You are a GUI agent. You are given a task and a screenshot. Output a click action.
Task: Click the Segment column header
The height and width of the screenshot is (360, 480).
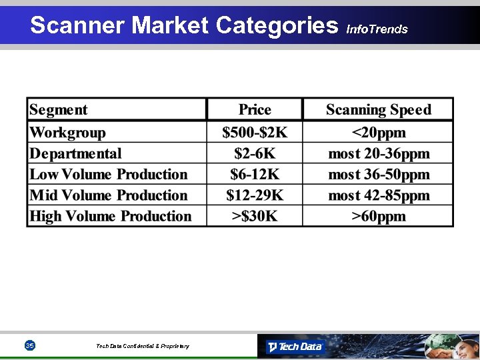(x=59, y=110)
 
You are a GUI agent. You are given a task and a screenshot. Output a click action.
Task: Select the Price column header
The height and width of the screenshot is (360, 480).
(x=255, y=110)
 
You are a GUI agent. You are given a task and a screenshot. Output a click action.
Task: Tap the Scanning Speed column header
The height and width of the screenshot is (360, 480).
(x=378, y=110)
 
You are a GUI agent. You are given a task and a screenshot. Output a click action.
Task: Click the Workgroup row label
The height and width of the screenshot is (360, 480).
(x=67, y=133)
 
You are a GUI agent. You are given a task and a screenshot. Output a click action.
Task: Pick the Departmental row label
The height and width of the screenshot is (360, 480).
(x=75, y=153)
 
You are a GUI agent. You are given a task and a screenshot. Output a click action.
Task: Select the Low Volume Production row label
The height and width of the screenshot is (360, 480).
(x=109, y=175)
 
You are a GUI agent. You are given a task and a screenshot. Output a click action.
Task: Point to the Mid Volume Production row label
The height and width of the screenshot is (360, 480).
(x=109, y=195)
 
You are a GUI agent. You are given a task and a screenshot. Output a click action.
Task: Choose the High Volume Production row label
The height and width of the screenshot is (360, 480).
(x=111, y=216)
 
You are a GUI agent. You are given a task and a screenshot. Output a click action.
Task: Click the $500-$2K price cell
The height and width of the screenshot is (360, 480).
(x=255, y=133)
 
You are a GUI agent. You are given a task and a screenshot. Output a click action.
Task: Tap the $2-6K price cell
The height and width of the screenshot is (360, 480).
(x=255, y=153)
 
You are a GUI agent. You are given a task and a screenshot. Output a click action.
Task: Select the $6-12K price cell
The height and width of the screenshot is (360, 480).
(x=255, y=175)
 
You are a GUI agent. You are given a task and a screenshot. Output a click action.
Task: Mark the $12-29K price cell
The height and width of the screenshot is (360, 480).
(x=255, y=195)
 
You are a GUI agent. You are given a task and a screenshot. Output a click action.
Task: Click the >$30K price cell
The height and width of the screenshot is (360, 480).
(x=255, y=216)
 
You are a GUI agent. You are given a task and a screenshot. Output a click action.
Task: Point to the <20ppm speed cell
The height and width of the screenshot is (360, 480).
(x=378, y=133)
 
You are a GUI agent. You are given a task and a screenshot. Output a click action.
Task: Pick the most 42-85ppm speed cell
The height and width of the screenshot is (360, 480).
(x=378, y=195)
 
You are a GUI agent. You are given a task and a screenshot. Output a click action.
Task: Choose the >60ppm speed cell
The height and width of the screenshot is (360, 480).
(x=378, y=216)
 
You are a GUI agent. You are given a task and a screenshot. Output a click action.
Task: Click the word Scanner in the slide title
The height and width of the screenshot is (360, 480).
(x=78, y=25)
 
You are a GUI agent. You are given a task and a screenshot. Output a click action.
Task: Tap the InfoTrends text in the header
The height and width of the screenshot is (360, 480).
(x=377, y=29)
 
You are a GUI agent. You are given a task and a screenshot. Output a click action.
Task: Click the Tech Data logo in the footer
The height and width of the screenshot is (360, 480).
(x=295, y=346)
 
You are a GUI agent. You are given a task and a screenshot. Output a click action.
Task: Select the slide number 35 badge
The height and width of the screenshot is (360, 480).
(x=29, y=345)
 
